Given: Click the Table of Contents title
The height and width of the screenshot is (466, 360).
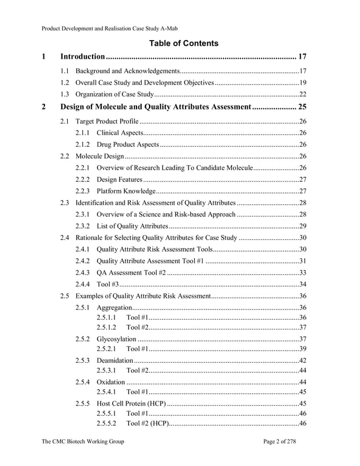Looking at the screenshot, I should (x=183, y=43).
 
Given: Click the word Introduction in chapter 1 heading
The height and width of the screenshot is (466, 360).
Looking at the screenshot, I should (x=83, y=57).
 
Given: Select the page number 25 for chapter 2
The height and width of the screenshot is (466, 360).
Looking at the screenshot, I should (x=302, y=107).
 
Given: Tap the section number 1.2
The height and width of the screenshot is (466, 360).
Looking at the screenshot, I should (x=65, y=83).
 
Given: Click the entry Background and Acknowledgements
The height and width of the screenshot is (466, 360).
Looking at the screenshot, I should (x=128, y=72).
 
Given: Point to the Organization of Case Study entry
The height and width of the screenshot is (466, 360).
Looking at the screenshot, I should (x=115, y=94).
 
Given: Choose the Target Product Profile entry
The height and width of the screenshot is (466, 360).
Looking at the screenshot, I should (x=107, y=121).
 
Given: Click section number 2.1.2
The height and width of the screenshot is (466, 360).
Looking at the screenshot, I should (x=82, y=144).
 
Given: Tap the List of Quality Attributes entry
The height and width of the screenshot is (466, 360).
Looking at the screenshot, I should (x=132, y=226).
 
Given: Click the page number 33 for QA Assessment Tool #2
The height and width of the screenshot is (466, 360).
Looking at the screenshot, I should (x=302, y=272).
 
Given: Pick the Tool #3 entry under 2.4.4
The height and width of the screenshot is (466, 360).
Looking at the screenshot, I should (x=107, y=284).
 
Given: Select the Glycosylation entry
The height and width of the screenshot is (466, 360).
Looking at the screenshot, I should (x=116, y=339).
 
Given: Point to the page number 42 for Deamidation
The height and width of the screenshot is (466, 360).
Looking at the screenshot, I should (x=302, y=361).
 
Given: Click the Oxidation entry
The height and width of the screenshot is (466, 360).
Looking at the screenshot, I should (x=111, y=382).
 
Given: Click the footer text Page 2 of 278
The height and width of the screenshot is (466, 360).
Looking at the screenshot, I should (x=279, y=442).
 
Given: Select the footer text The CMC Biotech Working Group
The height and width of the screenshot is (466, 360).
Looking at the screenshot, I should (x=83, y=442).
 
